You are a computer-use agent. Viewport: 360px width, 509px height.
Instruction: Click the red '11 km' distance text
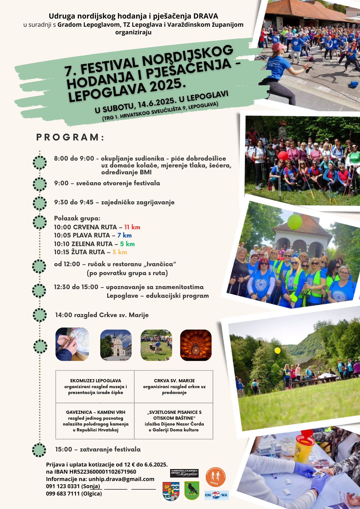pyautogui.click(x=132, y=227)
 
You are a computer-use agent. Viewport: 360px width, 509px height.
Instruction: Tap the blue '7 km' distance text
pyautogui.click(x=124, y=235)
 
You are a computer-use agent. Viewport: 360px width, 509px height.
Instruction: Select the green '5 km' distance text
pyautogui.click(x=127, y=244)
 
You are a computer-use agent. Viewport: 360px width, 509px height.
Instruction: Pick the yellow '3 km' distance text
pyautogui.click(x=120, y=252)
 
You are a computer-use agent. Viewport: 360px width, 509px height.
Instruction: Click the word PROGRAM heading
pyautogui.click(x=70, y=137)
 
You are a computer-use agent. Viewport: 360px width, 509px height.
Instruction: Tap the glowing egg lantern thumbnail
pyautogui.click(x=196, y=345)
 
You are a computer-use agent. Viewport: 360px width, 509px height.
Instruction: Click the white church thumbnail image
pyautogui.click(x=116, y=345)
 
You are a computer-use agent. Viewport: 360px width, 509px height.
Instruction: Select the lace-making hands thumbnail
pyautogui.click(x=72, y=344)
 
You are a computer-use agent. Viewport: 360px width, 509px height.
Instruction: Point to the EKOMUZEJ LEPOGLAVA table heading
pyautogui.click(x=95, y=381)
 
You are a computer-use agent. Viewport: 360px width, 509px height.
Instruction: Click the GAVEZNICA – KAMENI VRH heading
pyautogui.click(x=95, y=412)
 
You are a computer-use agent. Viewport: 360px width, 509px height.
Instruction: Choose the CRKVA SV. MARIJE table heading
pyautogui.click(x=174, y=381)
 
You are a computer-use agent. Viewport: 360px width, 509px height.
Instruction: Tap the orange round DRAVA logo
pyautogui.click(x=215, y=477)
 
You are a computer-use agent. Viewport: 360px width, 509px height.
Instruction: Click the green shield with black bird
pyautogui.click(x=192, y=491)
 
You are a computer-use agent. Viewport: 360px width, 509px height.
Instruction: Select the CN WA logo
pyautogui.click(x=216, y=495)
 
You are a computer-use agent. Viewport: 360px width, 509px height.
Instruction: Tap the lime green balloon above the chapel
pyautogui.click(x=295, y=221)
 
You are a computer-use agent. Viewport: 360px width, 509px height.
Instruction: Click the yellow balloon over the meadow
pyautogui.click(x=277, y=350)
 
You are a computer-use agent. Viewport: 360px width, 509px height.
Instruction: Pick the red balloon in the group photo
pyautogui.click(x=283, y=155)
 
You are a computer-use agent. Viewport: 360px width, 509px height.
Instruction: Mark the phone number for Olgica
pyautogui.click(x=63, y=493)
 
